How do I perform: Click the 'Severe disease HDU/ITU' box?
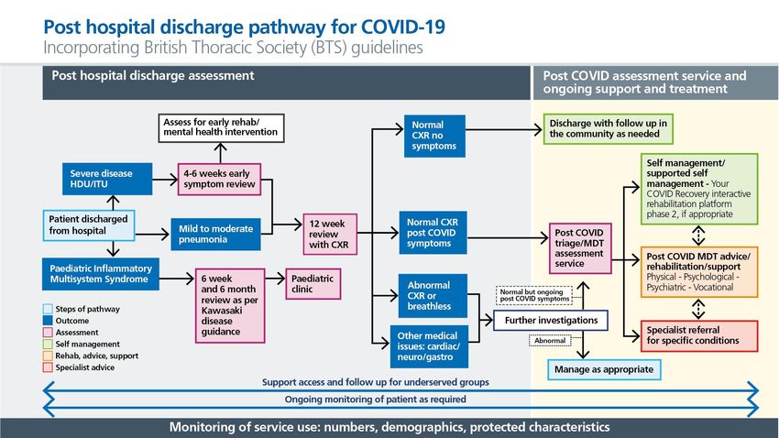107,179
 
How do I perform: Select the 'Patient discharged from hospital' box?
89,225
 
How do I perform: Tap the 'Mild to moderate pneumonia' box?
215,234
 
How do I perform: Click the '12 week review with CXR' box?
330,234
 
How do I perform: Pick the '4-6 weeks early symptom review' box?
219,179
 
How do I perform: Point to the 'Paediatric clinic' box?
313,284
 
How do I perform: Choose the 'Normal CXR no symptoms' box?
434,136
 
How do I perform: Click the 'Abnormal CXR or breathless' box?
433,296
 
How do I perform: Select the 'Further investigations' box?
551,321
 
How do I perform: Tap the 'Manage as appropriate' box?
604,369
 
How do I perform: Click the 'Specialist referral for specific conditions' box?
699,335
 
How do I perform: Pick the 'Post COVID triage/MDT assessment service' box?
580,248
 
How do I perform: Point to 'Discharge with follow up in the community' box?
609,129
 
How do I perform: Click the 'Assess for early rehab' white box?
221,127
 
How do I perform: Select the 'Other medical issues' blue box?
429,346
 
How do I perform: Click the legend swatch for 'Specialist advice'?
48,367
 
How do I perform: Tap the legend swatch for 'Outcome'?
48,321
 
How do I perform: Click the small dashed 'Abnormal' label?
550,341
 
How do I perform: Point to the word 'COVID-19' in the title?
403,27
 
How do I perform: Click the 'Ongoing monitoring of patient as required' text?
376,400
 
